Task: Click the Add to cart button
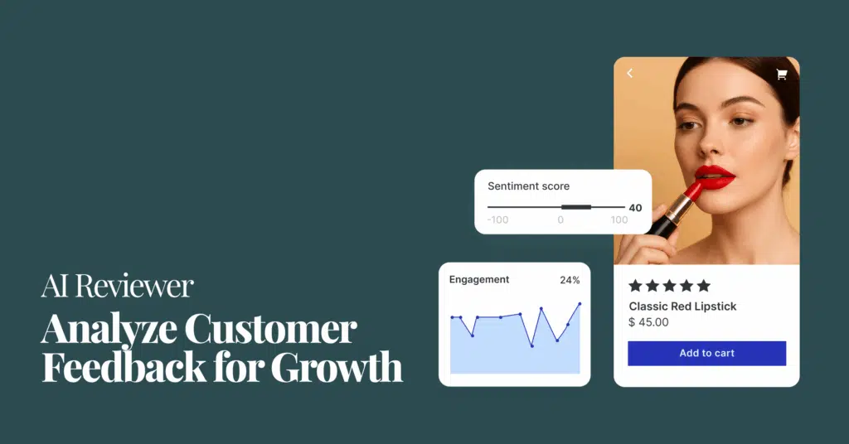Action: point(706,353)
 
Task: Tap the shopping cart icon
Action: point(781,74)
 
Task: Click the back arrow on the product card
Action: point(630,73)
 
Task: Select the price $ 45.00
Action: point(648,322)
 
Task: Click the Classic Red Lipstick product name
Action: point(683,306)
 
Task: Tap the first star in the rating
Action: point(636,286)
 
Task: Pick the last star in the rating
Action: point(703,286)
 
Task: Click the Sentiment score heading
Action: point(528,186)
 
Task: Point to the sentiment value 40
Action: point(636,208)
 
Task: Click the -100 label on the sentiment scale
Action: point(497,220)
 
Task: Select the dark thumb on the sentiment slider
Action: point(576,207)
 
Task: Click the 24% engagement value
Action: point(570,280)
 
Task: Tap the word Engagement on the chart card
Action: point(479,280)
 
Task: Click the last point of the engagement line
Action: point(580,304)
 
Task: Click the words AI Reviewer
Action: point(118,286)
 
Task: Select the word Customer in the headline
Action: point(271,329)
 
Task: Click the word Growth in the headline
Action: point(337,367)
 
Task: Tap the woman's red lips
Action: point(715,176)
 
